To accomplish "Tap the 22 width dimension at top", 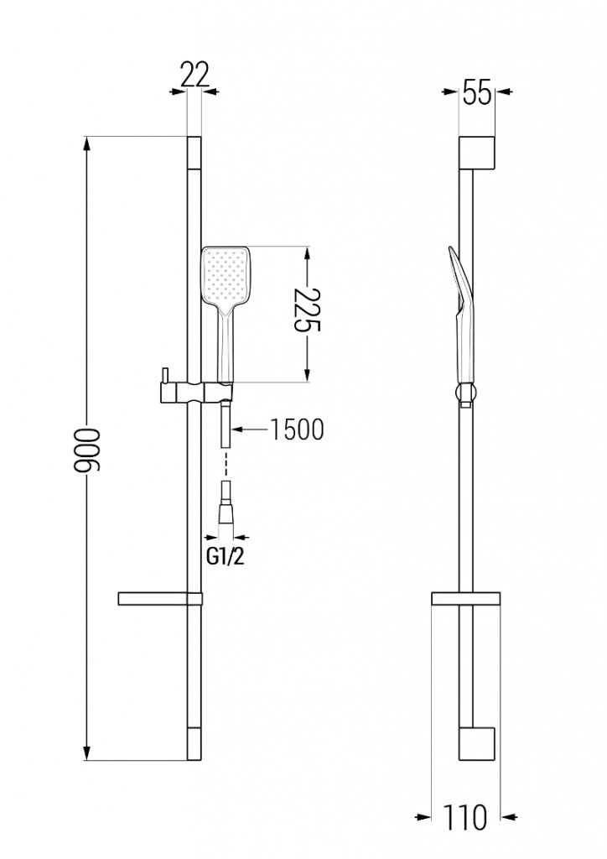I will [x=194, y=75].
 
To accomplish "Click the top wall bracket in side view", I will [x=478, y=151].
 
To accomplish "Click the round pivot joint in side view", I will [x=465, y=393].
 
